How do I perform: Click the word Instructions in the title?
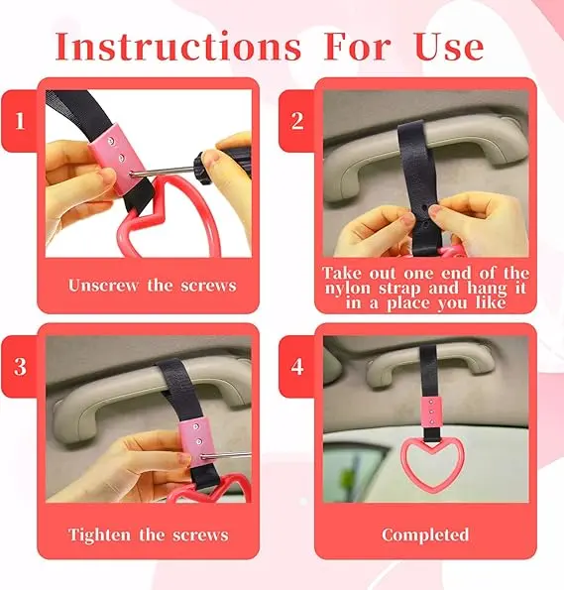(178, 47)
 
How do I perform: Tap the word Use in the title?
(449, 47)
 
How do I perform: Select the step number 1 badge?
(20, 121)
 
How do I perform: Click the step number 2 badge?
(297, 121)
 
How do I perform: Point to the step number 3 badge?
(20, 366)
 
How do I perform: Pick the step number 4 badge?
(297, 366)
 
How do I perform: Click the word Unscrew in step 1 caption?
(103, 286)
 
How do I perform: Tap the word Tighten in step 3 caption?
(99, 534)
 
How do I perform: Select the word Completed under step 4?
(425, 534)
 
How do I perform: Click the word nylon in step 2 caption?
(348, 289)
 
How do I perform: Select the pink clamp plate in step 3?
(197, 441)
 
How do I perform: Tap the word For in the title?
(357, 47)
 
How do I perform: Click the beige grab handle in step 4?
(429, 366)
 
